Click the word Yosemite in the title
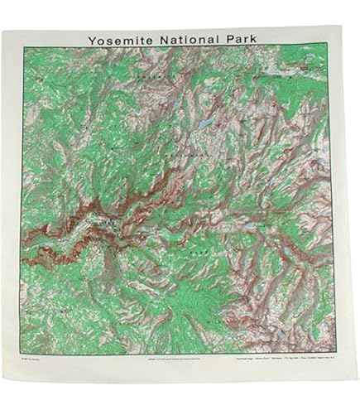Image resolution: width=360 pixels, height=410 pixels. tap(118, 38)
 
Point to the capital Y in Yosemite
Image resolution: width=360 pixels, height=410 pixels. tap(89, 38)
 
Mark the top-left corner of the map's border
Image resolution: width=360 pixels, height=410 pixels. tap(23, 47)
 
